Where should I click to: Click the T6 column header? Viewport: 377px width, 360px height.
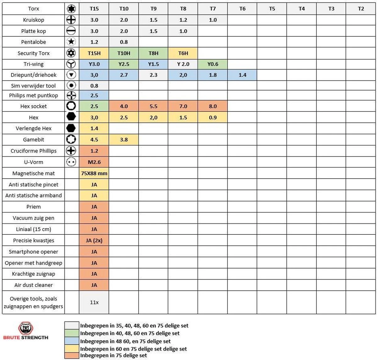pyautogui.click(x=242, y=9)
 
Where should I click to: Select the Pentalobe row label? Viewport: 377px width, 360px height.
pyautogui.click(x=34, y=42)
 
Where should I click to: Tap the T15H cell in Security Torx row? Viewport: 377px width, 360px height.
pyautogui.click(x=94, y=53)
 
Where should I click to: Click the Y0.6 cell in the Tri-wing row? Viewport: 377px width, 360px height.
pyautogui.click(x=213, y=64)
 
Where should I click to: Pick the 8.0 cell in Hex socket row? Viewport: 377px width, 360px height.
pyautogui.click(x=213, y=106)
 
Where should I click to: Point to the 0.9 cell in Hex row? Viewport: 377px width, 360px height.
pyautogui.click(x=213, y=118)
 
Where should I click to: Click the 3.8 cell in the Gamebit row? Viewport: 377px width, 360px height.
pyautogui.click(x=124, y=140)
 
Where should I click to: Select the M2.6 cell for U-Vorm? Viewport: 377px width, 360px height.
pyautogui.click(x=94, y=162)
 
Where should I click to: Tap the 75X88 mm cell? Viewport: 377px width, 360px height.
pyautogui.click(x=94, y=173)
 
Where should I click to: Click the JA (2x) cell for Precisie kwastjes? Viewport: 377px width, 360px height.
pyautogui.click(x=94, y=241)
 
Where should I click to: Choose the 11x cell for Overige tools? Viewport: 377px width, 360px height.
pyautogui.click(x=94, y=303)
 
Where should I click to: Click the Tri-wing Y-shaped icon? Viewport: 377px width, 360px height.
pyautogui.click(x=71, y=64)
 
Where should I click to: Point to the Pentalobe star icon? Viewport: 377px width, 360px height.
pyautogui.click(x=71, y=42)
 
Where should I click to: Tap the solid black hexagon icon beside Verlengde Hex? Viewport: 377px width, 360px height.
pyautogui.click(x=71, y=128)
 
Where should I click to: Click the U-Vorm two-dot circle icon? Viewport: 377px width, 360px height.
pyautogui.click(x=71, y=162)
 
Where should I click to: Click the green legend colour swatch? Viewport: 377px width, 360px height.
pyautogui.click(x=72, y=333)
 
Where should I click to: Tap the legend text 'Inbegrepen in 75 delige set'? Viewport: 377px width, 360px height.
pyautogui.click(x=113, y=356)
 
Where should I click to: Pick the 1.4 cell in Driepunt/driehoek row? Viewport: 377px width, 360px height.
pyautogui.click(x=242, y=75)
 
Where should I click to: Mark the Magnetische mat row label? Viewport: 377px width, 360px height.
pyautogui.click(x=34, y=173)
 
